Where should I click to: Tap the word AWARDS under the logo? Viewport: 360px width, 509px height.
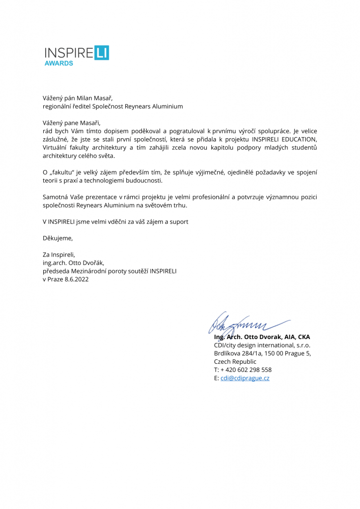click(x=59, y=64)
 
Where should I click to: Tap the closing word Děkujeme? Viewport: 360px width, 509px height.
click(x=57, y=238)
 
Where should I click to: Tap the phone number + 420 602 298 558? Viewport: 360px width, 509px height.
click(x=246, y=370)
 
